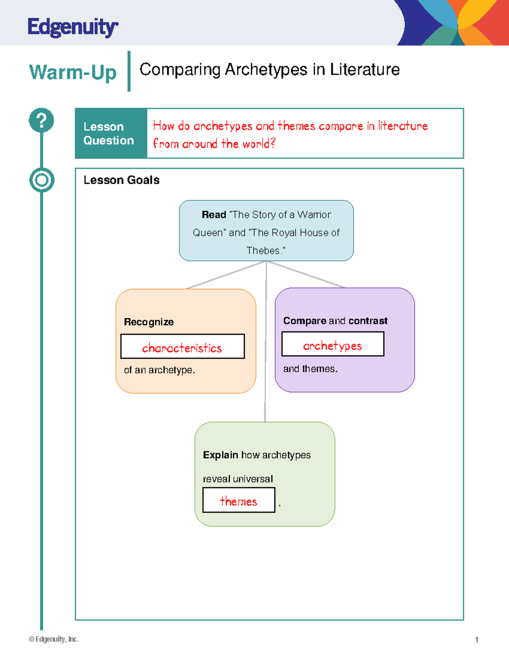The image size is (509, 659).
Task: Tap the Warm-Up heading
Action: [x=73, y=72]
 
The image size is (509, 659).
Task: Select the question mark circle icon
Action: [x=42, y=121]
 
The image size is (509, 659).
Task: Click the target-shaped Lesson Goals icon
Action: [x=42, y=180]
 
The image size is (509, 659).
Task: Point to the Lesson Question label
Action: [x=109, y=133]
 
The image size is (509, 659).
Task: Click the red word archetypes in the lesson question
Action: [x=223, y=126]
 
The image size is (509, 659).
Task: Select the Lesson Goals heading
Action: [x=121, y=180]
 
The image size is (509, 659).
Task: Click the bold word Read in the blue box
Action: [x=214, y=215]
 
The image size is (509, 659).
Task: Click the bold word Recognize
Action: [x=149, y=322]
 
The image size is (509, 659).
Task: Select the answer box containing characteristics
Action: [x=182, y=346]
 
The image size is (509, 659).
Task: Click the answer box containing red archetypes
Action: [x=333, y=344]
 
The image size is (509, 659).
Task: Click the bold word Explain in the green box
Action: [x=220, y=455]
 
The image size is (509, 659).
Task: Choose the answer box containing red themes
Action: [x=239, y=500]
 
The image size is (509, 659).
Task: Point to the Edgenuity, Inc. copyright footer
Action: [x=54, y=639]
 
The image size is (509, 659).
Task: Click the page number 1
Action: [x=477, y=640]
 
